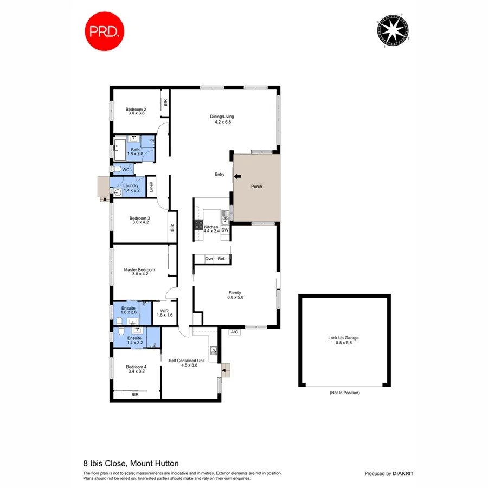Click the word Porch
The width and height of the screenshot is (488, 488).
[256, 187]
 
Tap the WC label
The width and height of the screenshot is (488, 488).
[125, 170]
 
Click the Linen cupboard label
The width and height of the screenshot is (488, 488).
[151, 187]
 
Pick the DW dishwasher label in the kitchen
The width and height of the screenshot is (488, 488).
[224, 230]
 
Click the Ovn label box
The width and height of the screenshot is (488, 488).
[209, 259]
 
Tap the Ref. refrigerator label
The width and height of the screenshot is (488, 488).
[221, 259]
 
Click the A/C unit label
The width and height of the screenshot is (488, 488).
[235, 332]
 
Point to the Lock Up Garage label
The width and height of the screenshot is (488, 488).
[343, 338]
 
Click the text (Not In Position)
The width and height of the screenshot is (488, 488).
[344, 392]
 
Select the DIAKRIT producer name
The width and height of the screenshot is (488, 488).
[402, 473]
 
